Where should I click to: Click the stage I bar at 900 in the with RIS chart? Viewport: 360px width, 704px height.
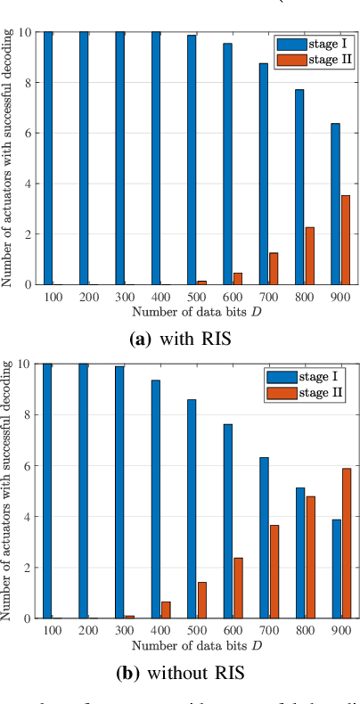(x=335, y=204)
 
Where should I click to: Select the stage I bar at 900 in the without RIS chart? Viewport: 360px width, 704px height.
(x=335, y=569)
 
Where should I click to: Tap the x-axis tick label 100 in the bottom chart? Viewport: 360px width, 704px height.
(x=53, y=630)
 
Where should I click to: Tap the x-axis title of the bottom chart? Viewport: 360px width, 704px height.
(x=196, y=645)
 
